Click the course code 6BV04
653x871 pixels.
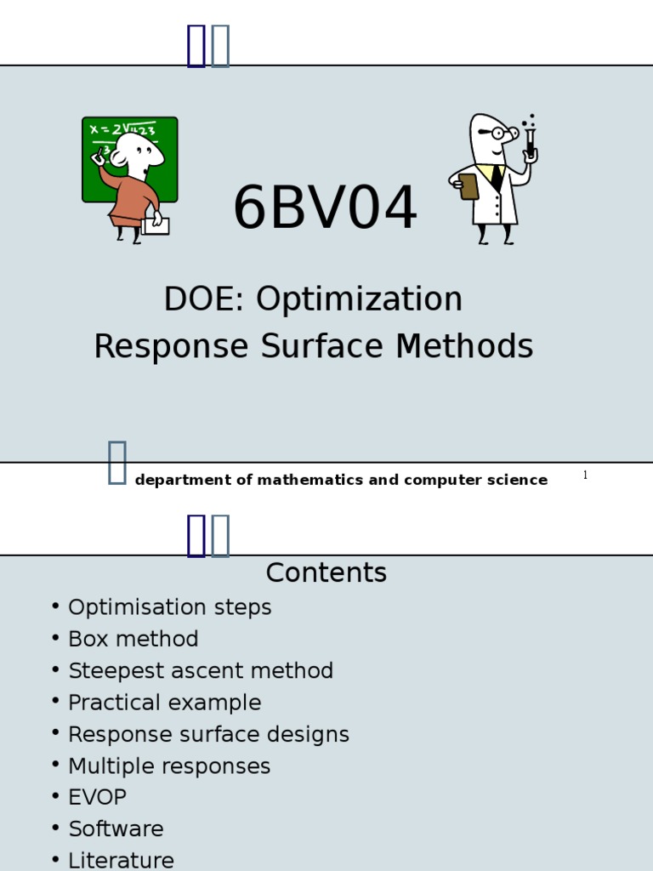click(x=326, y=209)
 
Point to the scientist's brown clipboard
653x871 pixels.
click(x=468, y=186)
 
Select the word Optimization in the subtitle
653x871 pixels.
click(x=360, y=299)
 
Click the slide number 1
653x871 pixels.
click(x=585, y=475)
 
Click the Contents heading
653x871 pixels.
click(x=326, y=573)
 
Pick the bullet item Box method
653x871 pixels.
click(x=133, y=640)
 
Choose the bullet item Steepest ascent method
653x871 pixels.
click(x=200, y=671)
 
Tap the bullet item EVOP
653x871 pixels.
click(x=97, y=798)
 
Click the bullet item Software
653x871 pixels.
click(x=116, y=829)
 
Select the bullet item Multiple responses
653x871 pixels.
click(x=168, y=766)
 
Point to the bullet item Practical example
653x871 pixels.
click(x=164, y=703)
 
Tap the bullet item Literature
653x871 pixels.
click(x=121, y=861)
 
